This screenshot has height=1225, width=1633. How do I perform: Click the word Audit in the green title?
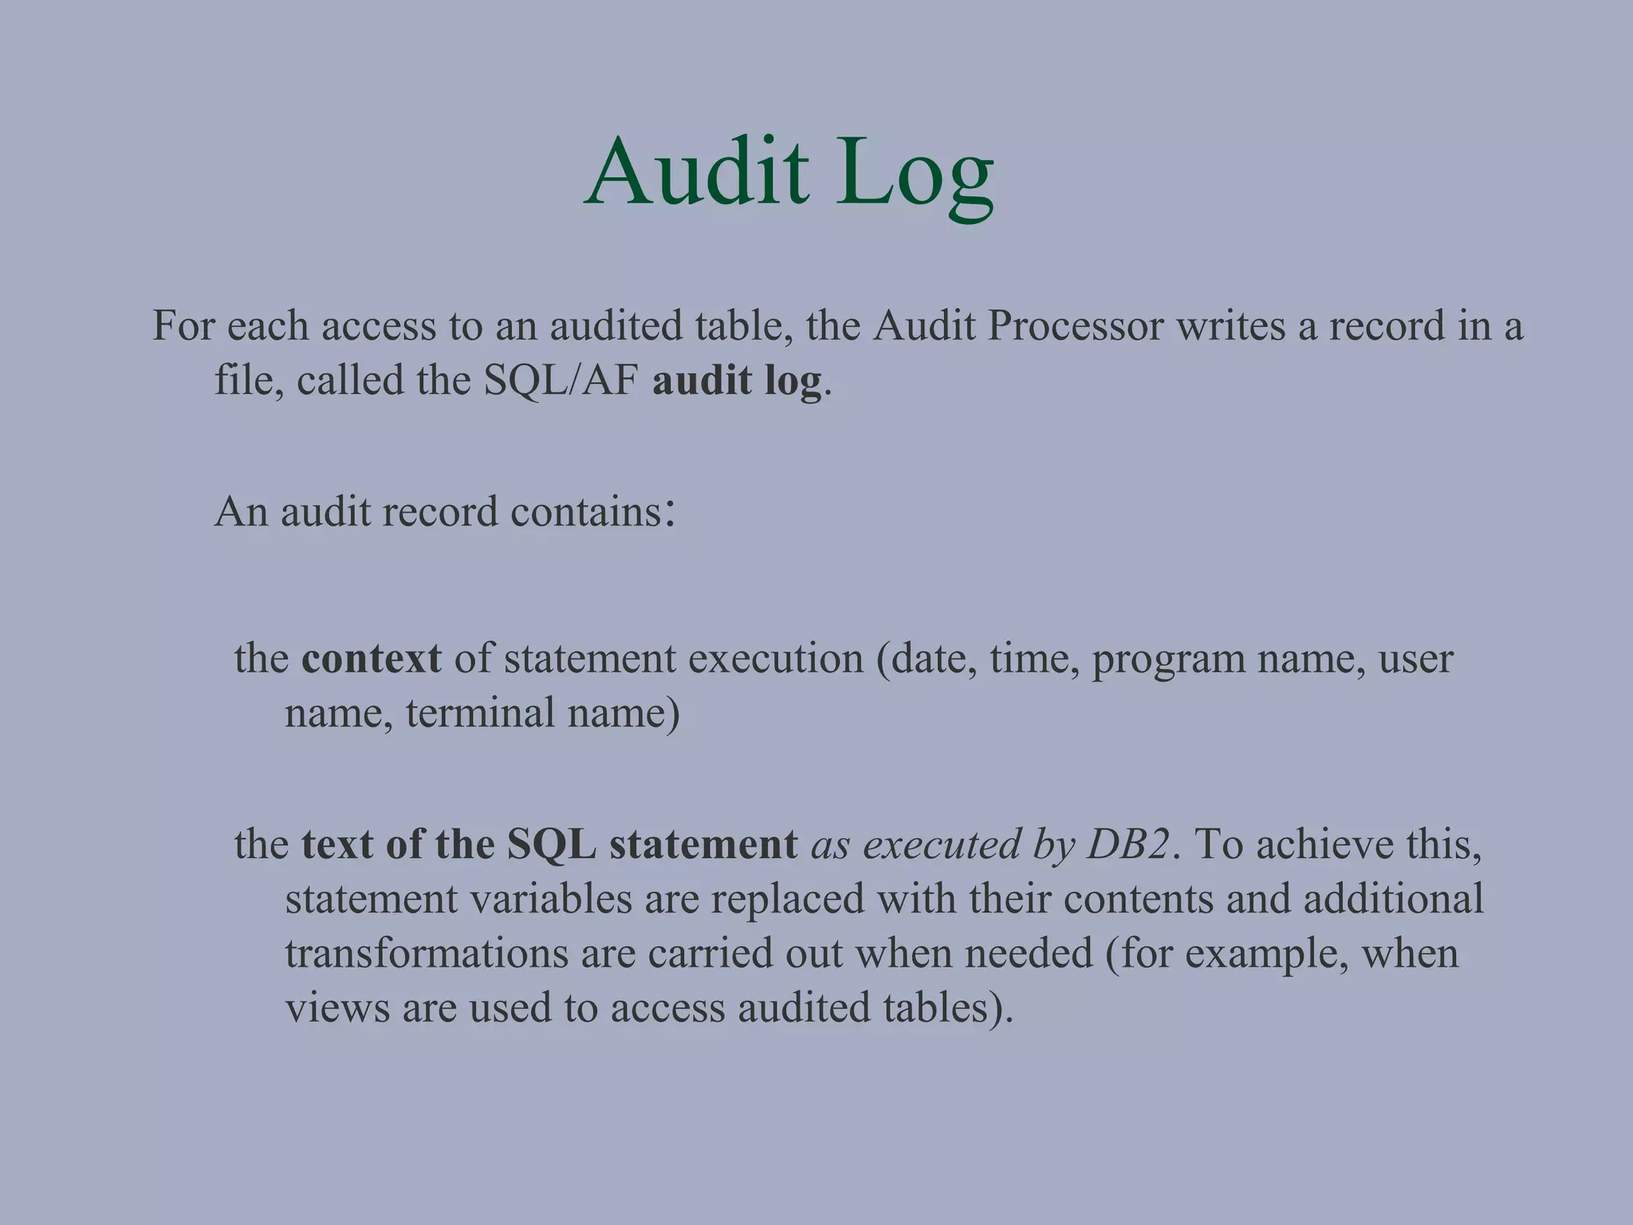pyautogui.click(x=696, y=171)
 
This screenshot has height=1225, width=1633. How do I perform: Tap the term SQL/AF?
pyautogui.click(x=561, y=380)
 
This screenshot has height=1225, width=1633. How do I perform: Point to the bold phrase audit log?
pyautogui.click(x=737, y=380)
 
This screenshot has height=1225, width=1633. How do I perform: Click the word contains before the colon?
pyautogui.click(x=587, y=511)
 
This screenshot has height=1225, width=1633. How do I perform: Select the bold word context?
pyautogui.click(x=371, y=659)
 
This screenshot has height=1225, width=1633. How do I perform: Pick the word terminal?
pyautogui.click(x=479, y=712)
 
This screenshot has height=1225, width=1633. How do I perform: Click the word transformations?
pyautogui.click(x=426, y=953)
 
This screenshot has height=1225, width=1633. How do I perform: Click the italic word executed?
pyautogui.click(x=942, y=844)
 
